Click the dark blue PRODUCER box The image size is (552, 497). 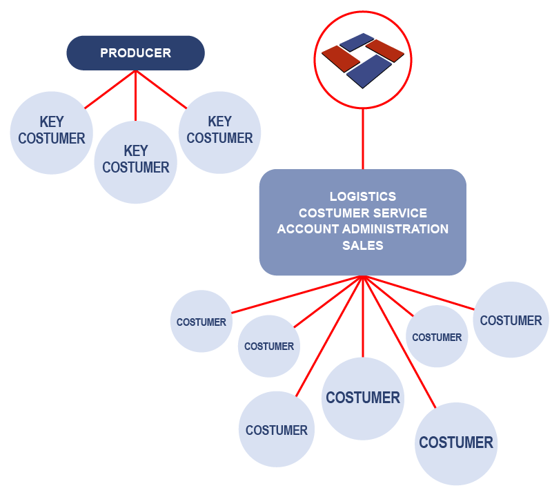pos(135,53)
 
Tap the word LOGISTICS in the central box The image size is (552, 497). pos(363,197)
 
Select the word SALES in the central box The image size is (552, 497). pos(363,245)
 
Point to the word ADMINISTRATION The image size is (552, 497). pos(398,228)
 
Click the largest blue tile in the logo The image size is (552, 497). pos(369,71)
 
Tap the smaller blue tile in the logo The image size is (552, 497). pos(357,43)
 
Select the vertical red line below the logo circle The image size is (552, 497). pos(363,138)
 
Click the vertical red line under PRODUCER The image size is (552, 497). pos(135,97)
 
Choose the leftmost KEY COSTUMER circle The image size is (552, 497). pos(52,133)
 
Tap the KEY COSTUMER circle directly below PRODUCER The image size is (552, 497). pos(136,162)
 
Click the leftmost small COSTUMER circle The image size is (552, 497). pos(201,322)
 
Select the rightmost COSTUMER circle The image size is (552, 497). pos(511,320)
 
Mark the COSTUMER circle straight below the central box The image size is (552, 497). pos(363,398)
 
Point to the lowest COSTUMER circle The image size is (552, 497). pos(456,443)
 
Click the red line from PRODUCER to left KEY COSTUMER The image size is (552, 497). pos(109,89)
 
